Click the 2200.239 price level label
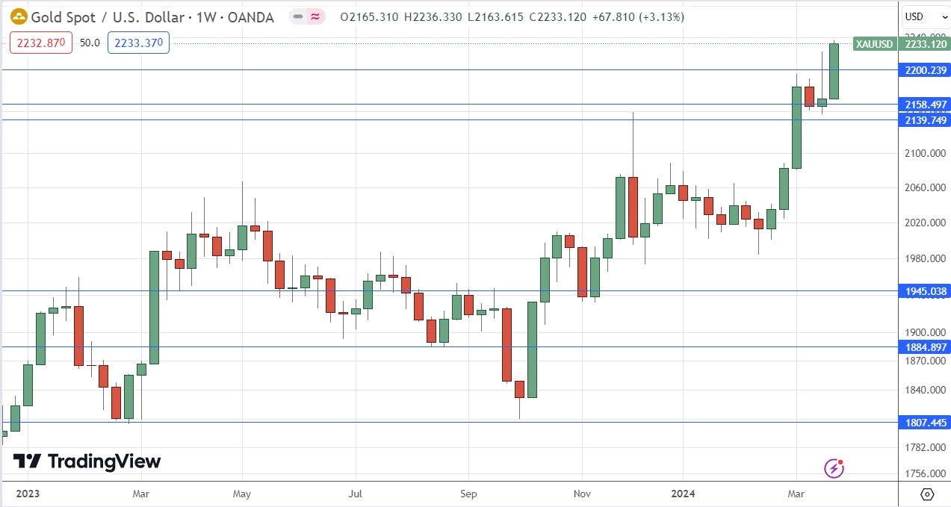926,70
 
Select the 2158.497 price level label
926,105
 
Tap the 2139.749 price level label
926,120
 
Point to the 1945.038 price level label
926,291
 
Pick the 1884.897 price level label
926,346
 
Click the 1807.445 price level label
926,422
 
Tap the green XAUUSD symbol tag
874,44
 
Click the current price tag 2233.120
926,44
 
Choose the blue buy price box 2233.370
138,43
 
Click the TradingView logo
87,461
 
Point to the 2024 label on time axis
684,494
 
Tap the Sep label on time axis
468,494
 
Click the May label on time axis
242,494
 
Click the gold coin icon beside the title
19,16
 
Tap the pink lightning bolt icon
834,468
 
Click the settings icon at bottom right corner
927,494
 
